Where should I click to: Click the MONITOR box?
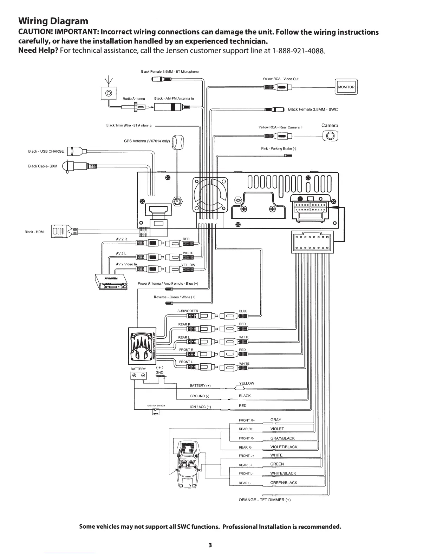coord(346,87)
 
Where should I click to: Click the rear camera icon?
coord(330,135)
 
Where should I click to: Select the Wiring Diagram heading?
coord(53,21)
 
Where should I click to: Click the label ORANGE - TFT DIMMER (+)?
coord(265,500)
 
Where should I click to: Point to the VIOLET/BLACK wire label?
coord(284,447)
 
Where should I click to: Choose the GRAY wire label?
coord(276,420)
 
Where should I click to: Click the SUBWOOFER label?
coord(188,311)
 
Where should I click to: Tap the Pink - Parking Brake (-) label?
coord(279,148)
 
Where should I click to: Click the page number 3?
coord(210,545)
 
